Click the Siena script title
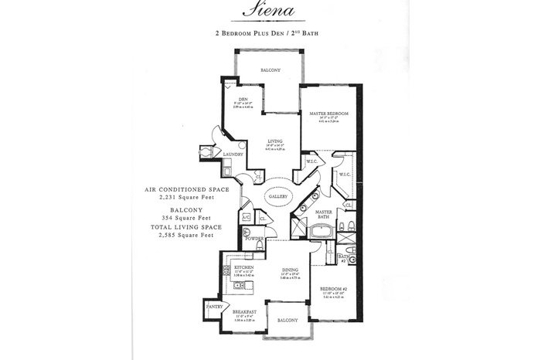coord(270,9)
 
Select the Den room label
coord(243,100)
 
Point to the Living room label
coord(275,141)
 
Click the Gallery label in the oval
coord(278,196)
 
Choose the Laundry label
coord(233,155)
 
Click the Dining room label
coord(290,270)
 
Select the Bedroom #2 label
coord(335,289)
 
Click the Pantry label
coord(214,307)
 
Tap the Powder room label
coord(254,239)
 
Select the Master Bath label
coord(324,214)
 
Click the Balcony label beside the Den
coord(270,70)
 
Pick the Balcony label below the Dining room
coord(288,320)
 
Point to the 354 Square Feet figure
coord(188,216)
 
